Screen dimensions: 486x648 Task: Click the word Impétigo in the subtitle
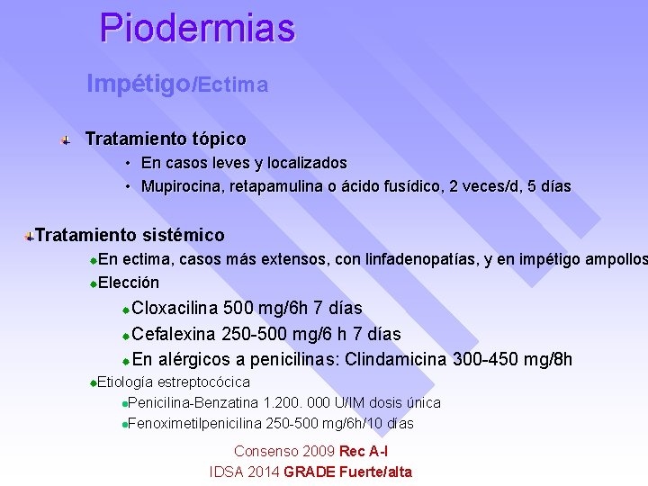pyautogui.click(x=139, y=84)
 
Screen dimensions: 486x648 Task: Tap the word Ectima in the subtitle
pyautogui.click(x=233, y=85)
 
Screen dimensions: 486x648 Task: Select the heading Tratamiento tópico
pyautogui.click(x=165, y=139)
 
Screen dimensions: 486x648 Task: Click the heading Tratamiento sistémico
pyautogui.click(x=130, y=236)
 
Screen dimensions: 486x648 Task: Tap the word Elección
pyautogui.click(x=129, y=282)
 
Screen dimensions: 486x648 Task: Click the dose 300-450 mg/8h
pyautogui.click(x=513, y=360)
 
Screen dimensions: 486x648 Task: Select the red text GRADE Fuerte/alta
pyautogui.click(x=347, y=472)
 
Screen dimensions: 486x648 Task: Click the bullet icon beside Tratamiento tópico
pyautogui.click(x=65, y=139)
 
